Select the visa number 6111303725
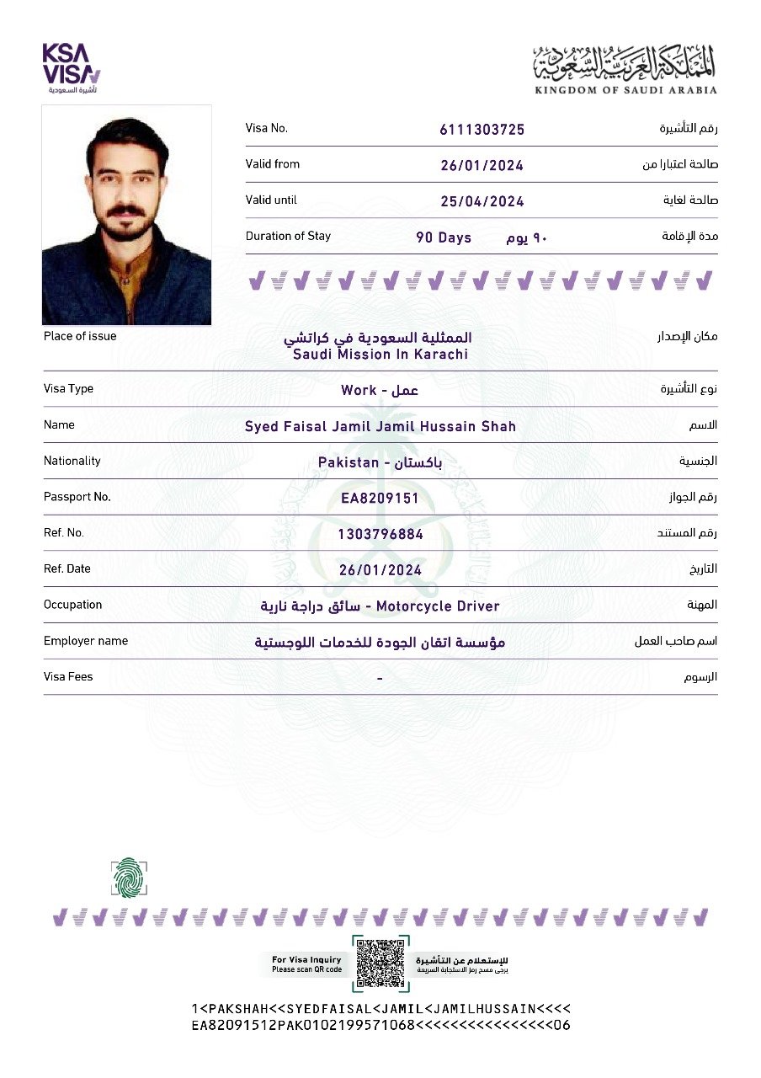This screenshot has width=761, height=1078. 482,129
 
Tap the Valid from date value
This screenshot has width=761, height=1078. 482,165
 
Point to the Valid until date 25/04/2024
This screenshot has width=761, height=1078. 482,201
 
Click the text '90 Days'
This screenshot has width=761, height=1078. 444,237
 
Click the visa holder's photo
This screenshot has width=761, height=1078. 126,215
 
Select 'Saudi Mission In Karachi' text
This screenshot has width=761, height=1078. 380,355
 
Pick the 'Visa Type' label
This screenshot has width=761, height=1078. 68,389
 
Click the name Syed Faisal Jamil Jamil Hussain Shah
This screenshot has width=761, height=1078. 380,426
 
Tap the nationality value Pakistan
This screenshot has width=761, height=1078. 348,462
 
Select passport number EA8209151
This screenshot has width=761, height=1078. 380,499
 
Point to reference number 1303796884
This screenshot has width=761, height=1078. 380,534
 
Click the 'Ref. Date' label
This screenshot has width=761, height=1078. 67,569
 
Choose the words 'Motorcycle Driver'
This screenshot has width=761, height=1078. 438,606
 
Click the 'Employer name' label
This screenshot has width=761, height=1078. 86,641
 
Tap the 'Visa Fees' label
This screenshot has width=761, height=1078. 68,677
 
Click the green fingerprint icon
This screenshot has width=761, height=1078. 128,877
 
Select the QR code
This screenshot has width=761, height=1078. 381,963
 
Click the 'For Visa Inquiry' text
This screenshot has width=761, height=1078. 306,959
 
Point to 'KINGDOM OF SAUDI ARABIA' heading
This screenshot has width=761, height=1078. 625,89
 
